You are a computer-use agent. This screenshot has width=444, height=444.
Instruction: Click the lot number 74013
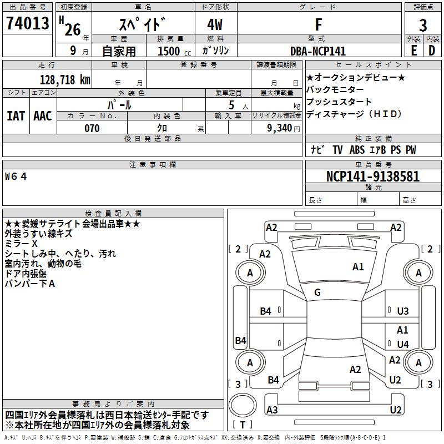(x=27, y=23)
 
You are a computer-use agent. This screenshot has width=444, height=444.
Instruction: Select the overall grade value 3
(x=423, y=26)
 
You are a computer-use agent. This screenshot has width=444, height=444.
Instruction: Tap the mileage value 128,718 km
(x=65, y=80)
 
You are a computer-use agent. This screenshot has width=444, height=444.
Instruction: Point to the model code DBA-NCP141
(x=318, y=51)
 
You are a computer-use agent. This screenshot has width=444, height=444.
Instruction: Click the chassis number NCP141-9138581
(x=373, y=176)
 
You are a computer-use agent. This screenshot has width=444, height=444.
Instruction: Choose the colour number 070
(x=92, y=128)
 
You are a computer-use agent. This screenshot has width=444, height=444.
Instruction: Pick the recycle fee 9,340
(x=280, y=128)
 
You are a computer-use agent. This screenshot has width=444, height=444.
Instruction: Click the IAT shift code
(x=16, y=116)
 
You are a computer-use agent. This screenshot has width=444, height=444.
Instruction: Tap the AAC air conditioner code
(x=43, y=116)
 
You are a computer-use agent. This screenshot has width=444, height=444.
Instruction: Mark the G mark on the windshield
(x=317, y=292)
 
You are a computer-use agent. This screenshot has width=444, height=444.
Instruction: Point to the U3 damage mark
(x=403, y=311)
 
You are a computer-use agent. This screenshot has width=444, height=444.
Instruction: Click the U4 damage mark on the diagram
(x=403, y=344)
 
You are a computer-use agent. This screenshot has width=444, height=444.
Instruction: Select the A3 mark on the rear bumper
(x=272, y=410)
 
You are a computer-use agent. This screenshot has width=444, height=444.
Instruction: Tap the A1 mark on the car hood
(x=358, y=267)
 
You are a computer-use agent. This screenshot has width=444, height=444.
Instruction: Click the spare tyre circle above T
(x=243, y=405)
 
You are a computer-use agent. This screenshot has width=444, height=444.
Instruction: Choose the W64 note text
(x=16, y=176)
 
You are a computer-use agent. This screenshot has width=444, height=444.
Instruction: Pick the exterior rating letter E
(x=414, y=51)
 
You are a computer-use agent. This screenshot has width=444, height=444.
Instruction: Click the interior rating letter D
(x=432, y=51)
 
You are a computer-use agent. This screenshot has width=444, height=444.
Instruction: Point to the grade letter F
(x=319, y=24)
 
